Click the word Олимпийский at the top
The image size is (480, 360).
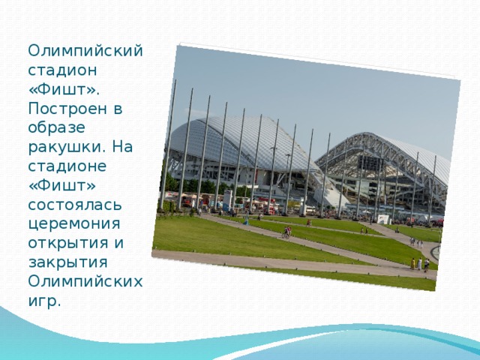click(85, 52)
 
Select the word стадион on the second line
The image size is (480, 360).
click(62, 70)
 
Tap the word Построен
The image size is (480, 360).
click(67, 109)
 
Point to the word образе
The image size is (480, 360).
click(57, 127)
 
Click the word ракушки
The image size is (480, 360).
click(67, 148)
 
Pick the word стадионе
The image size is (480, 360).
click(67, 166)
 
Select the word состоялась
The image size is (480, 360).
click(75, 205)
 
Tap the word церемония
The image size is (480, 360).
click(74, 224)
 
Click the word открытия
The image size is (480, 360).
click(68, 243)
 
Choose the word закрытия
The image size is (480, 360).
click(67, 262)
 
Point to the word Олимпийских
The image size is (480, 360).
click(85, 282)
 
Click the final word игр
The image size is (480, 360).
click(44, 301)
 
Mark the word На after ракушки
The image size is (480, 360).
click(122, 147)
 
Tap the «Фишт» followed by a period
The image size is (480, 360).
click(64, 89)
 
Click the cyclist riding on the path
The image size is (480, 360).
click(286, 232)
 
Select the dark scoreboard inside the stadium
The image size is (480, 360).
click(370, 163)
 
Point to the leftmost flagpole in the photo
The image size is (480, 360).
click(168, 145)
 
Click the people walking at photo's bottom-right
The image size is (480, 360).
click(420, 265)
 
